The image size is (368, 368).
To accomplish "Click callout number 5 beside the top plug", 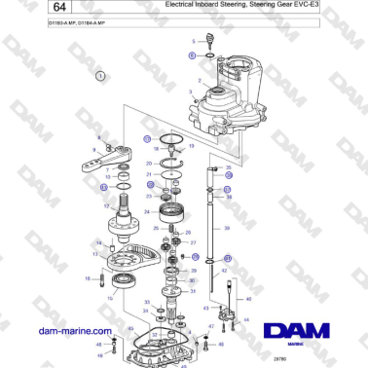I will click(x=192, y=55).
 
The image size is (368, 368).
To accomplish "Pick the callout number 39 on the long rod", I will click(x=226, y=229).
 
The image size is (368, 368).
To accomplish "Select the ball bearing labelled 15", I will click(x=125, y=284).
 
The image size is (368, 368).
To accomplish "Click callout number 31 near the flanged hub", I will click(x=193, y=290).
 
